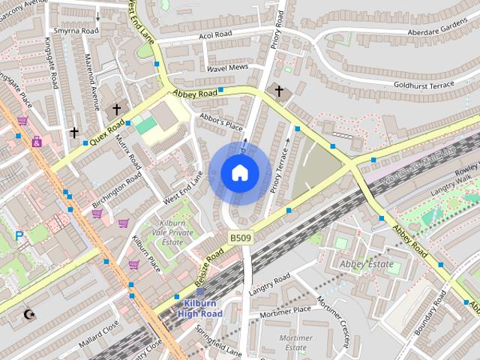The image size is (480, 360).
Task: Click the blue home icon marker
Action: pyautogui.click(x=240, y=173)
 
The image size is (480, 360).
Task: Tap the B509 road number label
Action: pyautogui.click(x=240, y=238)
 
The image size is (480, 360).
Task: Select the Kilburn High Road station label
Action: pyautogui.click(x=199, y=307)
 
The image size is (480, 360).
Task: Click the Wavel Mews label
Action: pyautogui.click(x=227, y=67)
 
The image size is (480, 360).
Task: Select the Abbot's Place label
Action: pyautogui.click(x=220, y=120)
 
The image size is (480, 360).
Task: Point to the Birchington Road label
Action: pyautogui.click(x=117, y=192)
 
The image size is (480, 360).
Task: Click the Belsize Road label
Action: pyautogui.click(x=209, y=266)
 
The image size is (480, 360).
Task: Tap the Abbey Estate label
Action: pyautogui.click(x=366, y=264)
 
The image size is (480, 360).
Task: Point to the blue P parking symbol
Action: pyautogui.click(x=19, y=236)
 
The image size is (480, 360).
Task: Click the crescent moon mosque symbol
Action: pyautogui.click(x=29, y=314)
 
